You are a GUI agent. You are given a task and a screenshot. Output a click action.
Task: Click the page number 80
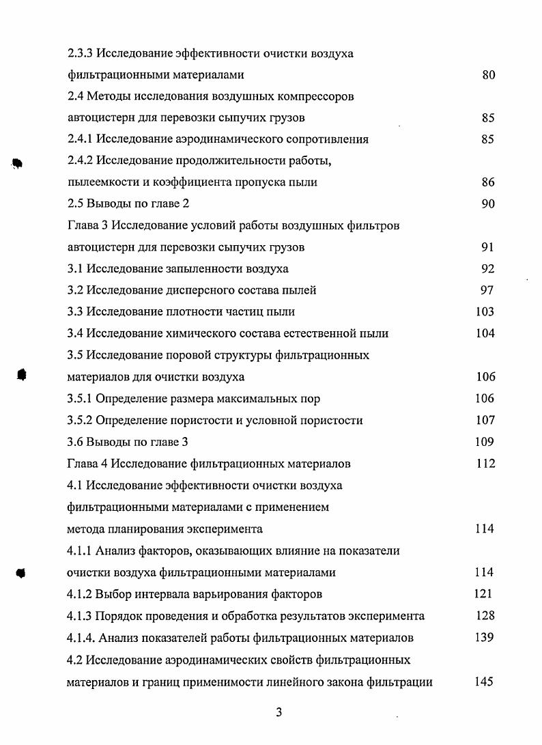click(488, 75)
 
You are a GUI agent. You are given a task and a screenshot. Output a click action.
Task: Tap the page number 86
click(488, 182)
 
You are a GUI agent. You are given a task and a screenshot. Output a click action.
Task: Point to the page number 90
click(488, 204)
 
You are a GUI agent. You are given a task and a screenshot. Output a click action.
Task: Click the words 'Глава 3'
click(87, 225)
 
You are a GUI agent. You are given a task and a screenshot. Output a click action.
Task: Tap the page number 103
click(485, 312)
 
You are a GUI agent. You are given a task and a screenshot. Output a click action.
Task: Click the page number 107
click(485, 421)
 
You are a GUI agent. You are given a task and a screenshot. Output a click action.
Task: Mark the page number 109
click(485, 442)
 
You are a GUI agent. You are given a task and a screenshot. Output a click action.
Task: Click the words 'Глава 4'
click(87, 464)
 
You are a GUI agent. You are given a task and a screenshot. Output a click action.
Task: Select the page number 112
click(485, 464)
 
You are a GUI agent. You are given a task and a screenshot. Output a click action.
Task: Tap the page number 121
click(483, 594)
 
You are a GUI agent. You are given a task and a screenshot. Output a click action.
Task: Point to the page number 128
click(485, 616)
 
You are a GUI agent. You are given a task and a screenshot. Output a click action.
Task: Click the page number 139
click(485, 638)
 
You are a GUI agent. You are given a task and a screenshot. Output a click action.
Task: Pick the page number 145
click(485, 681)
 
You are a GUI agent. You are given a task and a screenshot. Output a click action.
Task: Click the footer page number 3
click(279, 713)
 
